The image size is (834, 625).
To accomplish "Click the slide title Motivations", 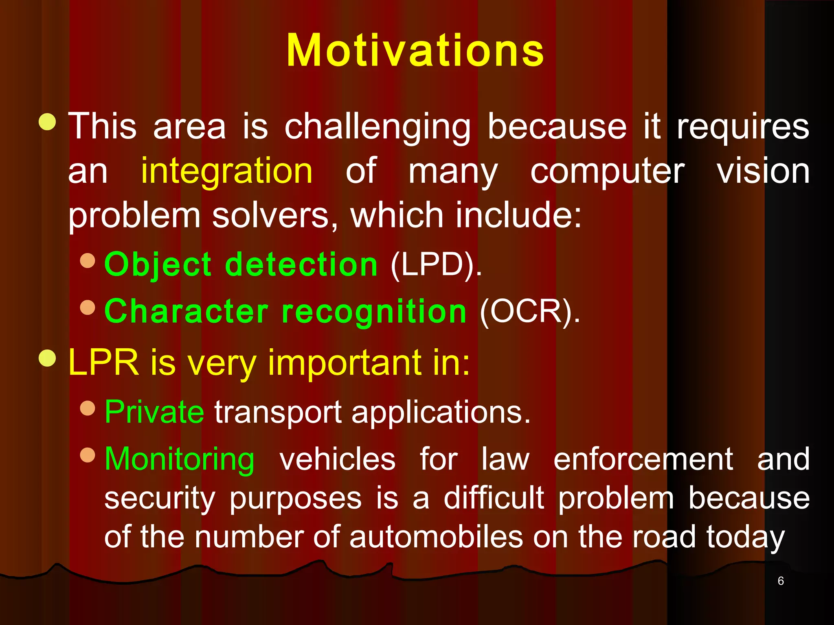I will click(415, 50).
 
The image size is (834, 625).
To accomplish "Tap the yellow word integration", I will click(227, 171).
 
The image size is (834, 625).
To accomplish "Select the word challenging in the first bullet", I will click(377, 127).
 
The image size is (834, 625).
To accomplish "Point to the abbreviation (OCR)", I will click(530, 311).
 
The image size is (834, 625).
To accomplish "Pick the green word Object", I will click(158, 264).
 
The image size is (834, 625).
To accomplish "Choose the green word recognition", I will click(374, 311).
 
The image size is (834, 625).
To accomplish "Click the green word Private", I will click(154, 412).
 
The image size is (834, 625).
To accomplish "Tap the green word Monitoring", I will click(180, 459).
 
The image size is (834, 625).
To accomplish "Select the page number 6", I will click(780, 581).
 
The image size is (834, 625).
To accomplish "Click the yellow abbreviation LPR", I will click(104, 362).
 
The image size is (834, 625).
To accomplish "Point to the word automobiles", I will click(436, 537).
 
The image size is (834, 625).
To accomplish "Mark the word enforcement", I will click(643, 459).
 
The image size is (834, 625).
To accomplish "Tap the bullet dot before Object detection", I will click(88, 261).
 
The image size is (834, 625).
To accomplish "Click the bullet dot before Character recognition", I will click(88, 308).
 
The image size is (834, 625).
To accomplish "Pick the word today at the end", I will click(745, 538).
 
